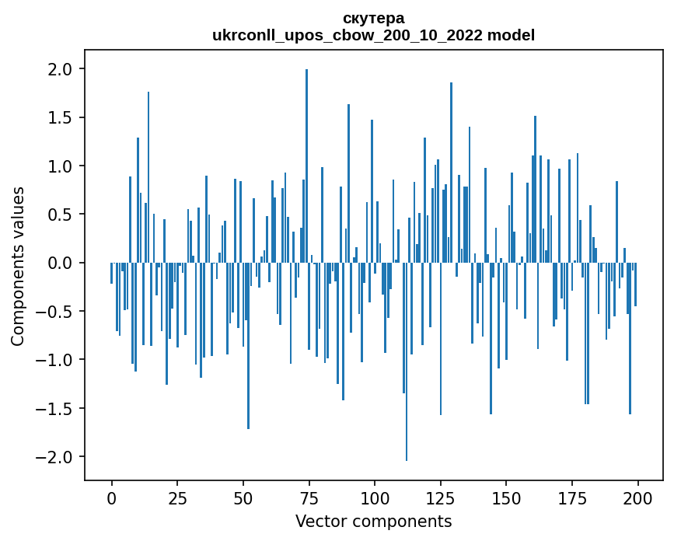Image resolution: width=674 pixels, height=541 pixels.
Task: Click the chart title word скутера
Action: pyautogui.click(x=373, y=18)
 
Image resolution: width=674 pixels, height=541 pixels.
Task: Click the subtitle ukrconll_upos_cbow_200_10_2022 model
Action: pyautogui.click(x=373, y=35)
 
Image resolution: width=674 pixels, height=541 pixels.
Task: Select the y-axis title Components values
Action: pyautogui.click(x=17, y=266)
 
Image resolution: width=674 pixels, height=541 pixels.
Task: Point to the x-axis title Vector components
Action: pyautogui.click(x=373, y=521)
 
